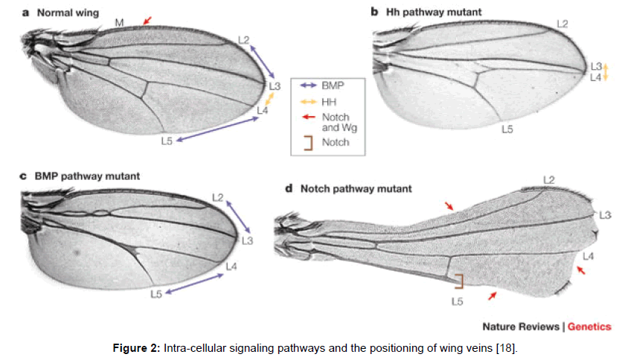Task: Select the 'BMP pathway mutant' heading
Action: click(86, 176)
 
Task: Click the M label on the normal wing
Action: click(119, 23)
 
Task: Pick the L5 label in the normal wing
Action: click(166, 140)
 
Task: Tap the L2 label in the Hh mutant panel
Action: click(562, 25)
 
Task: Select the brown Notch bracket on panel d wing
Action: click(458, 280)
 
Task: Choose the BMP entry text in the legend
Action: click(334, 86)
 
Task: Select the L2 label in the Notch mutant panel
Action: click(550, 179)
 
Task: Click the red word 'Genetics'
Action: click(589, 327)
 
